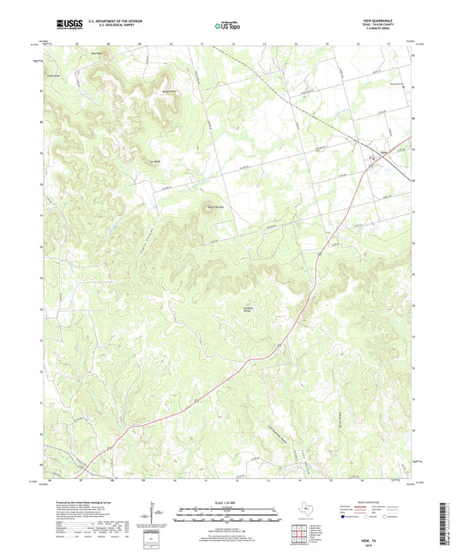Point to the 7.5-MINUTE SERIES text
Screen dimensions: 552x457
click(392, 31)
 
